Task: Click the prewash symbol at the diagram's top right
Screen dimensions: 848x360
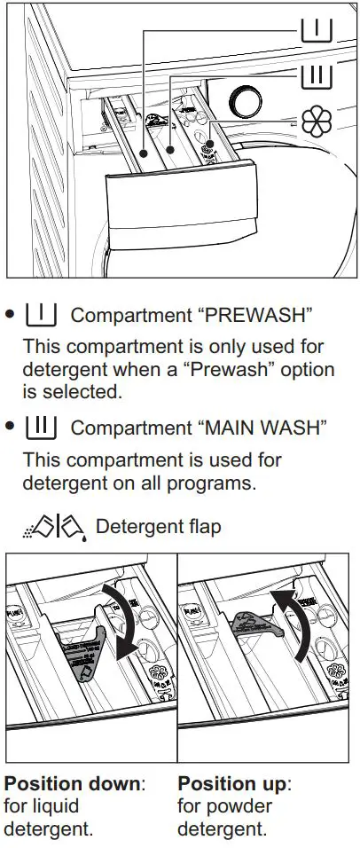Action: pyautogui.click(x=316, y=31)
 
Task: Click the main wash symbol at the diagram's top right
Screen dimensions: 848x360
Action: pyautogui.click(x=316, y=75)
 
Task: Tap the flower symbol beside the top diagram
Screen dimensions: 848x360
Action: pyautogui.click(x=317, y=122)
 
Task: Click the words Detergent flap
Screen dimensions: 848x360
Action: pyautogui.click(x=158, y=527)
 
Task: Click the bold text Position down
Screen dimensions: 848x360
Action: pyautogui.click(x=74, y=784)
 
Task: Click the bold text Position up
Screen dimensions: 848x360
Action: pyautogui.click(x=235, y=784)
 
